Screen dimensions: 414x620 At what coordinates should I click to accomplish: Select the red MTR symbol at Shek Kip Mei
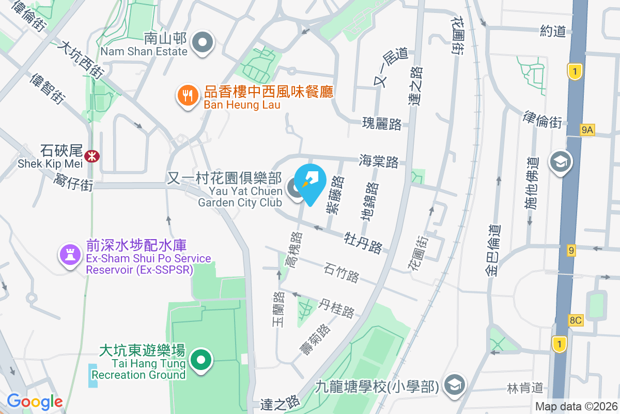pos(92,155)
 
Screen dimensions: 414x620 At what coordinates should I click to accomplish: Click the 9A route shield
pos(586,130)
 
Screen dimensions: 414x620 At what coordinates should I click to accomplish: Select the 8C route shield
pos(576,320)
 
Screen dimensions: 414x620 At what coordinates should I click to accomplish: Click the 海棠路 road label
pos(379,161)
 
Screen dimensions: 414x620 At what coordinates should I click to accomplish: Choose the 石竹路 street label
pos(342,273)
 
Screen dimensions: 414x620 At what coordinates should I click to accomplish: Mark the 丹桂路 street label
pos(337,307)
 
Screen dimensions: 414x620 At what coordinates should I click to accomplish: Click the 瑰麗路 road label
pos(382,124)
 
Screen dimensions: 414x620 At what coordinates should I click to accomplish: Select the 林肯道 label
pos(525,388)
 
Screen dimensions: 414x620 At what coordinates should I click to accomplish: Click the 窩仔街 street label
pos(73,182)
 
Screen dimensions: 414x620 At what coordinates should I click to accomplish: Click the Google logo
pos(35,401)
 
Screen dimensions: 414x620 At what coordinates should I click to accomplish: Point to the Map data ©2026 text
pos(576,406)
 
